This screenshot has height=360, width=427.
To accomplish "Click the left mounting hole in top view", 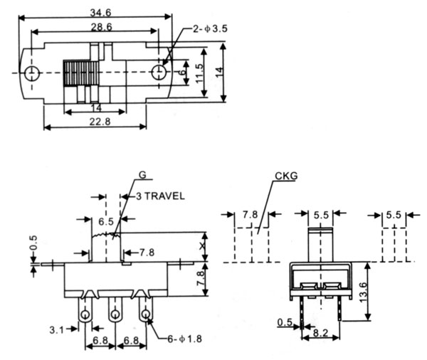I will [31, 73].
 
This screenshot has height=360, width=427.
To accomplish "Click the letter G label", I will [142, 175].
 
